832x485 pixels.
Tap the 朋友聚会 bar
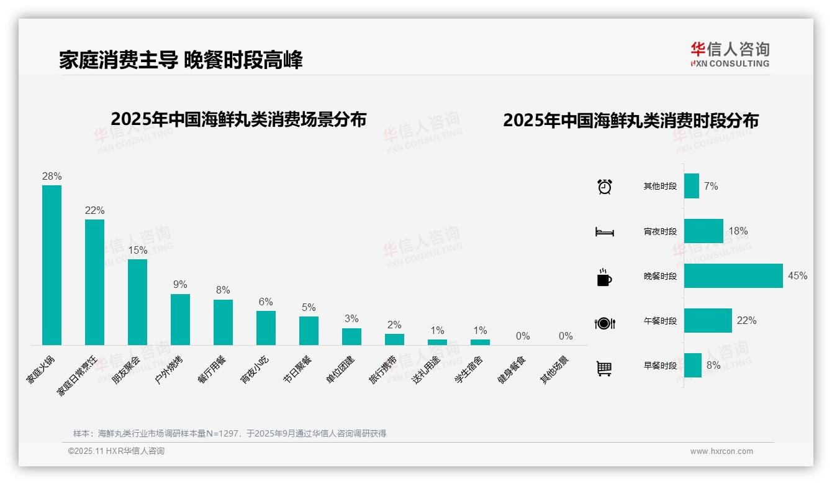click(137, 302)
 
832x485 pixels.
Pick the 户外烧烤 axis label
click(169, 369)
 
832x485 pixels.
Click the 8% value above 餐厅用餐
click(223, 290)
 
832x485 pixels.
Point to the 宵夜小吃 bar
click(266, 328)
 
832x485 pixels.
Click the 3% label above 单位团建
click(351, 318)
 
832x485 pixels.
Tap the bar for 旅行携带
click(394, 339)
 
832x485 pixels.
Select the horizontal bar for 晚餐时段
click(733, 276)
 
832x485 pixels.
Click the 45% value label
click(798, 275)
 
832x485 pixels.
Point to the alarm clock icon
click(605, 187)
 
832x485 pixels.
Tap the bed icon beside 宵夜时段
click(605, 232)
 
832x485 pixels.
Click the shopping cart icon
click(605, 368)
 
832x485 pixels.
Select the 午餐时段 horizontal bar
click(708, 321)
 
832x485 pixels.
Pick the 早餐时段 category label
click(660, 366)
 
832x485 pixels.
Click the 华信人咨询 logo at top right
click(730, 54)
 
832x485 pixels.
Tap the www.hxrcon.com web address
click(721, 451)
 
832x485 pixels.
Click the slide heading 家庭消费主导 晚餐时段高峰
click(181, 60)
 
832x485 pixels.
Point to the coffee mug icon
click(604, 277)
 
